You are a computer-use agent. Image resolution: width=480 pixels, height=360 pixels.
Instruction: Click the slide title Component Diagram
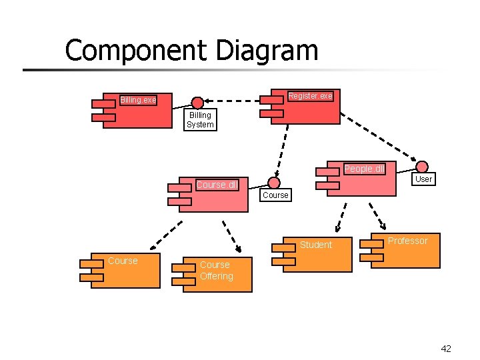pyautogui.click(x=191, y=50)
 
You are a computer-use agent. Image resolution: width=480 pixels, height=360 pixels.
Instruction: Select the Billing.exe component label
pyautogui.click(x=138, y=100)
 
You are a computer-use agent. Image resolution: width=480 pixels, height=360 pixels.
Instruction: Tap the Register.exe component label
pyautogui.click(x=310, y=96)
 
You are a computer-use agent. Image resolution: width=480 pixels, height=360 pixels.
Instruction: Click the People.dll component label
pyautogui.click(x=363, y=169)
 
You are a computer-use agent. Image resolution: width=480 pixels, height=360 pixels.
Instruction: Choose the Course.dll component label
pyautogui.click(x=216, y=185)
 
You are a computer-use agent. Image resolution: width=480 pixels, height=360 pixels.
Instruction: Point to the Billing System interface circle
pyautogui.click(x=197, y=103)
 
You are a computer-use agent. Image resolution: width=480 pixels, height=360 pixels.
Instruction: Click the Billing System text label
pyautogui.click(x=200, y=120)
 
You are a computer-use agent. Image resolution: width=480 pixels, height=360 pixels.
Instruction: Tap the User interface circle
pyautogui.click(x=423, y=167)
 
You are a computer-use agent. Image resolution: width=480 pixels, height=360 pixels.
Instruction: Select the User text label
pyautogui.click(x=423, y=179)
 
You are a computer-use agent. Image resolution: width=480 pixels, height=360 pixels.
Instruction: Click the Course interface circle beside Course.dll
pyautogui.click(x=274, y=183)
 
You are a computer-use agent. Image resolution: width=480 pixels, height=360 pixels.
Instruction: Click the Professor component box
pyautogui.click(x=403, y=250)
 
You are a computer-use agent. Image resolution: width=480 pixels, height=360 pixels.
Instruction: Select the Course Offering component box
pyautogui.click(x=217, y=274)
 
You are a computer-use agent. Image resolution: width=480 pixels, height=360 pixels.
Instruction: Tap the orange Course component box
pyautogui.click(x=127, y=270)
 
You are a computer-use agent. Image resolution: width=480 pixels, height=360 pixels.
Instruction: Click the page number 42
pyautogui.click(x=446, y=349)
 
